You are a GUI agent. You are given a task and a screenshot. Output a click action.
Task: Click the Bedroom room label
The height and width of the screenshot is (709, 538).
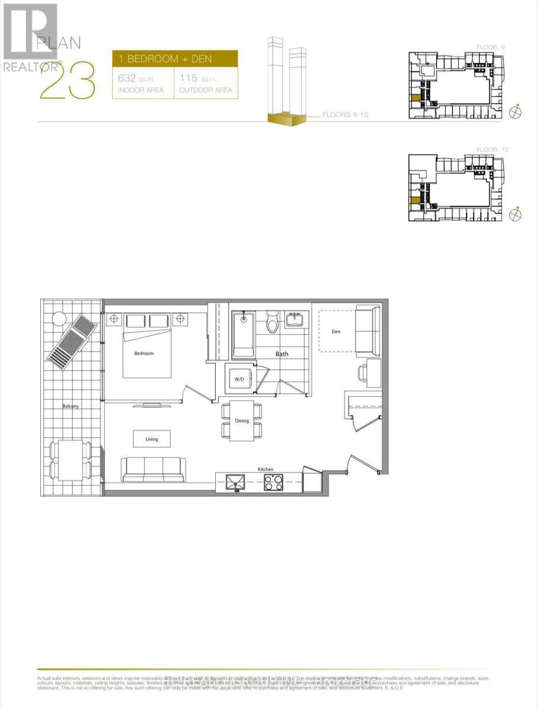(144, 353)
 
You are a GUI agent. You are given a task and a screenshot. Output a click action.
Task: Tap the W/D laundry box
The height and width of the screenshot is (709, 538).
(240, 378)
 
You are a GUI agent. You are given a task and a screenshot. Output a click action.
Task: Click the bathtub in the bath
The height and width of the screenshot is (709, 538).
(243, 335)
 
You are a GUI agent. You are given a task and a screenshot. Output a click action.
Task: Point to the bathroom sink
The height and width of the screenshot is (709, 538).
(295, 320)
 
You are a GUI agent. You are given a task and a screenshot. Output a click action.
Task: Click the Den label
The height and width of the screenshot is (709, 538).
(336, 331)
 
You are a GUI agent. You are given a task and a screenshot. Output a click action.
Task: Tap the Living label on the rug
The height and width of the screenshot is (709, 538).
(152, 439)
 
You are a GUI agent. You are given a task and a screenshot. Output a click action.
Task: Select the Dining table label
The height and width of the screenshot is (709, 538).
(242, 421)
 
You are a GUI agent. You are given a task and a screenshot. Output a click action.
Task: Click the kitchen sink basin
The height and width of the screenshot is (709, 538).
(236, 483)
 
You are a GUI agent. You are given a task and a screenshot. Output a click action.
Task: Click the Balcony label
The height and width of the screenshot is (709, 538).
(71, 406)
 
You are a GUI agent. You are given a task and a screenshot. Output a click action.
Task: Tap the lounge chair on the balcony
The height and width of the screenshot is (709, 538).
(71, 342)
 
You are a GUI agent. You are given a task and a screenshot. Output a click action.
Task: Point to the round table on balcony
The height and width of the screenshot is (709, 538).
(59, 318)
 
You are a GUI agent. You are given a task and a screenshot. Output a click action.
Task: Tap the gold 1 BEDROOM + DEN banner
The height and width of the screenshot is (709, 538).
(175, 59)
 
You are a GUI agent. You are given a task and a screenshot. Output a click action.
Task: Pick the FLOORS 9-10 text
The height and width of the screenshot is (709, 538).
(345, 115)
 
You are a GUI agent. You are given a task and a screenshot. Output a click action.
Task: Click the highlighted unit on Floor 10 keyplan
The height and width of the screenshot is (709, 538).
(415, 200)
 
